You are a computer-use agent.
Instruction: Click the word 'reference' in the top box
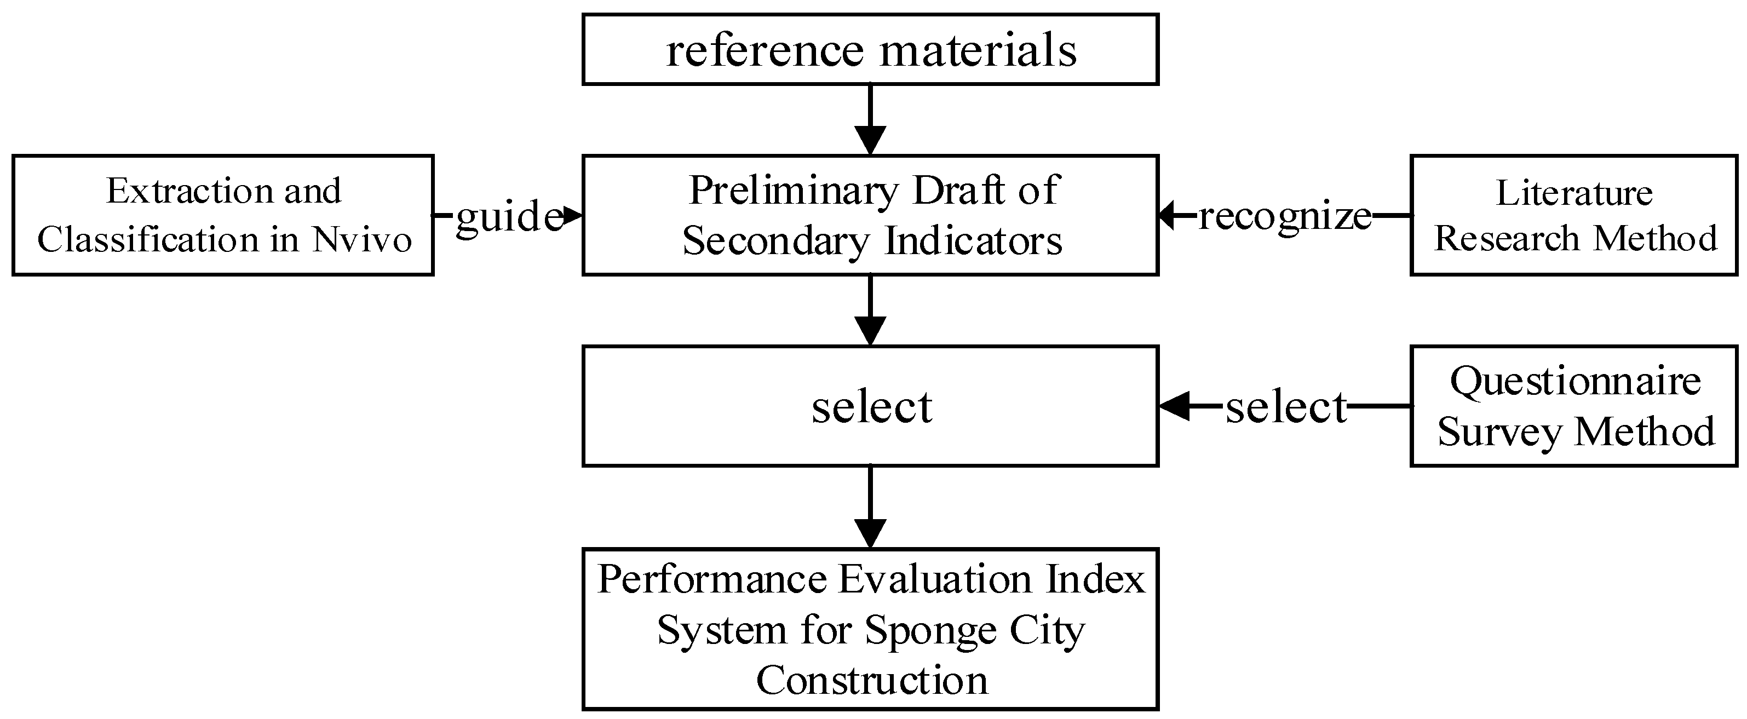click(x=765, y=51)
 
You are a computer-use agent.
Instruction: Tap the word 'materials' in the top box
click(x=978, y=51)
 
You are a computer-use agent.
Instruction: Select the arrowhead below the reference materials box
click(x=870, y=140)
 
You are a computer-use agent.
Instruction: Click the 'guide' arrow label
click(x=509, y=217)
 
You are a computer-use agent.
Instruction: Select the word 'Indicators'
click(x=973, y=241)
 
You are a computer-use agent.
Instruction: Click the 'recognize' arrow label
click(x=1284, y=217)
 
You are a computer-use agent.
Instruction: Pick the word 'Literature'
click(x=1574, y=193)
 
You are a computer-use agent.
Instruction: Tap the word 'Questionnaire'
click(x=1574, y=381)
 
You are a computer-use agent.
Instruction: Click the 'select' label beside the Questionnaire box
click(x=1285, y=407)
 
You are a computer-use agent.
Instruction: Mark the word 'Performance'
click(x=712, y=580)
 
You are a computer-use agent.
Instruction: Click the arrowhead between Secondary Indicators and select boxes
click(x=870, y=331)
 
